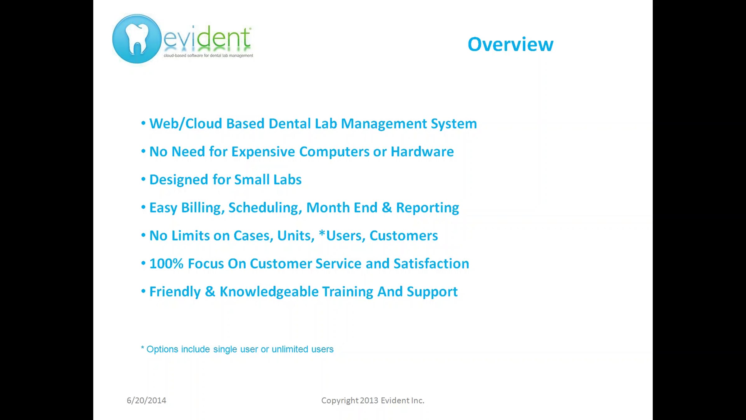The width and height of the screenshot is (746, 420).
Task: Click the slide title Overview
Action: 510,44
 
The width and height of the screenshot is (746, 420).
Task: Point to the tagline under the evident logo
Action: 208,56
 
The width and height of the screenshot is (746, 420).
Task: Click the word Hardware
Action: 422,152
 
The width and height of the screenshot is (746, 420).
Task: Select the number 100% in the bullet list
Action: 167,264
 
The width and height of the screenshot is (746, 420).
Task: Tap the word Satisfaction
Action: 431,264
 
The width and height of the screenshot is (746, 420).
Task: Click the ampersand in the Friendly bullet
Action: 210,292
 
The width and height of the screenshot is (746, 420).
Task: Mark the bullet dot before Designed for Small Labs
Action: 143,179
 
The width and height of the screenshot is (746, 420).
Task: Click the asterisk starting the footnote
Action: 142,348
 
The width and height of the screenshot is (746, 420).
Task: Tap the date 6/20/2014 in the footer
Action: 146,401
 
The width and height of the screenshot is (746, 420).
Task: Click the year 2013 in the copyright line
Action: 369,400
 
